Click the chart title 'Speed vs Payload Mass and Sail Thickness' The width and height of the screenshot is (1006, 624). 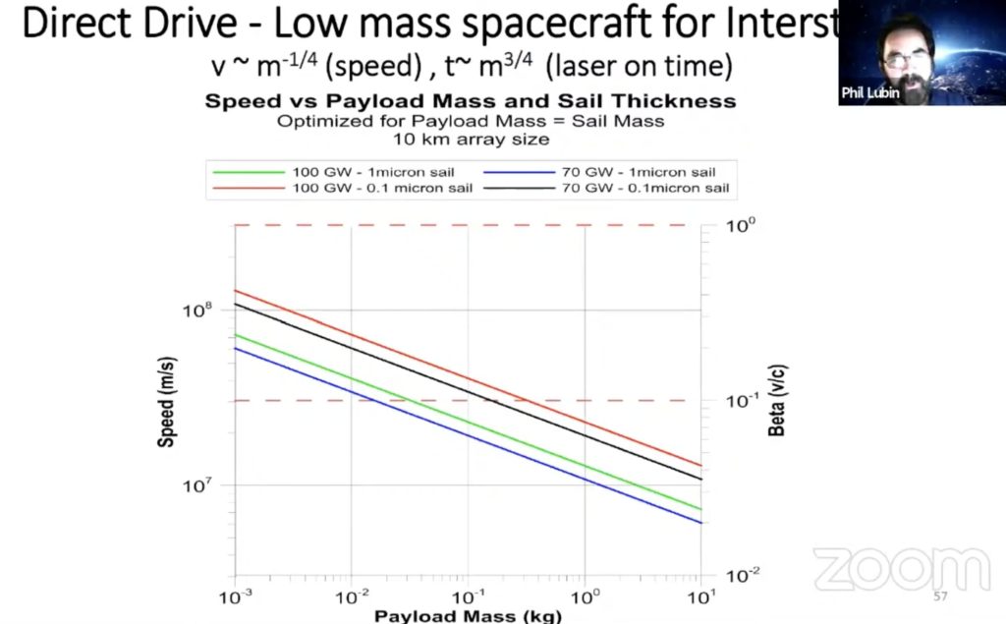pyautogui.click(x=470, y=101)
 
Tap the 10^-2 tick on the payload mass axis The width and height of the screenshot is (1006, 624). pyautogui.click(x=351, y=596)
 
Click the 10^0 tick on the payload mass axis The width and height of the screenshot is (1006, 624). pyautogui.click(x=585, y=596)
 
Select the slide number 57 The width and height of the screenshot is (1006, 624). pyautogui.click(x=940, y=596)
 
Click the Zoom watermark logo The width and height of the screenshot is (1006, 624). pyautogui.click(x=888, y=570)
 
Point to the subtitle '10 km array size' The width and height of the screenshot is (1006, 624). pyautogui.click(x=470, y=139)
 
